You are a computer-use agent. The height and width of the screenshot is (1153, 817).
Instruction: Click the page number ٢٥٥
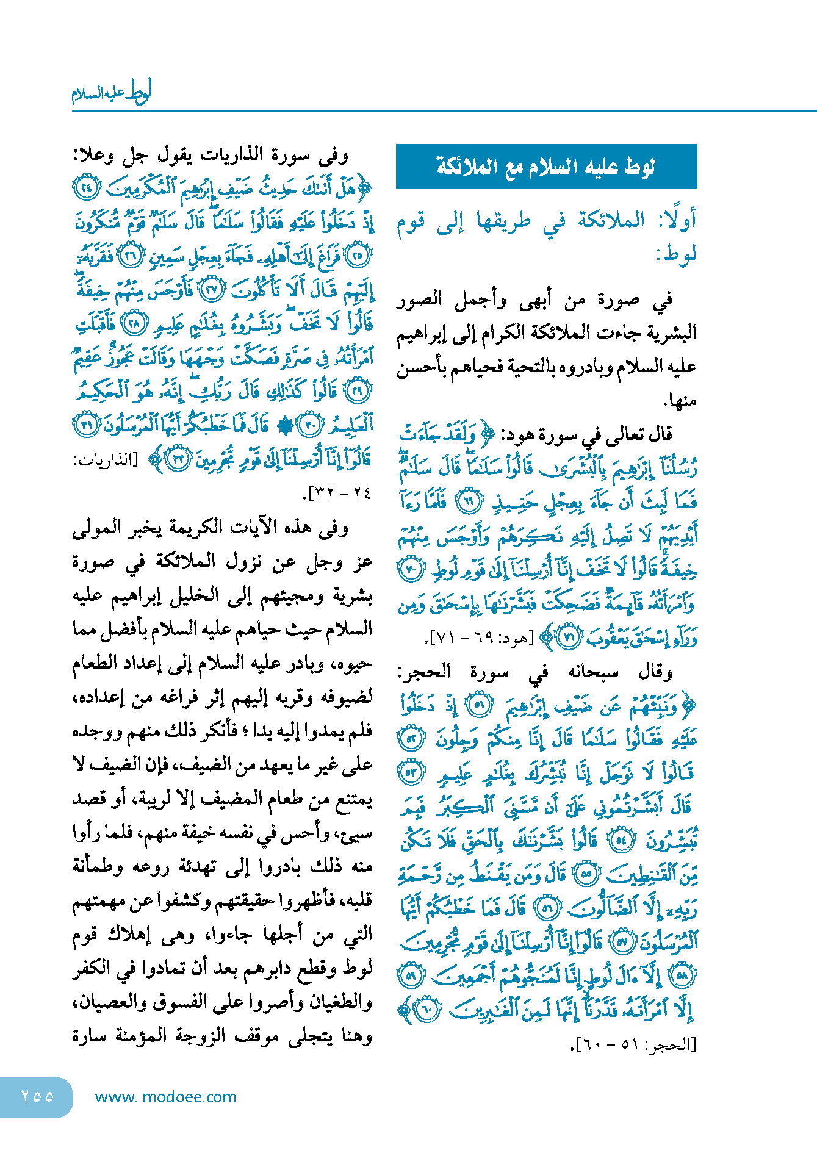point(37,1096)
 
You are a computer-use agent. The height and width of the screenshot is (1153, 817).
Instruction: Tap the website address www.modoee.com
point(165,1097)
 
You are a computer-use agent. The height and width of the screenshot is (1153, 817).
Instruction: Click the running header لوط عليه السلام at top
point(112,93)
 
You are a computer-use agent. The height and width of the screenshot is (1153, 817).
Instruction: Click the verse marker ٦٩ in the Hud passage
point(469,502)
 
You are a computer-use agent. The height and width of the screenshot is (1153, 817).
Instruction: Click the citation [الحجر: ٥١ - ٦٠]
point(633,1044)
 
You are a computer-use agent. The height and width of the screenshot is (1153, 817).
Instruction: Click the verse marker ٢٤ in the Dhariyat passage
point(85,188)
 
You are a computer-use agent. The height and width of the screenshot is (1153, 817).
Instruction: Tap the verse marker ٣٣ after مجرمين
point(178,459)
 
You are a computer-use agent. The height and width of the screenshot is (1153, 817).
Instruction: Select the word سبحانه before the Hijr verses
point(593,672)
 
